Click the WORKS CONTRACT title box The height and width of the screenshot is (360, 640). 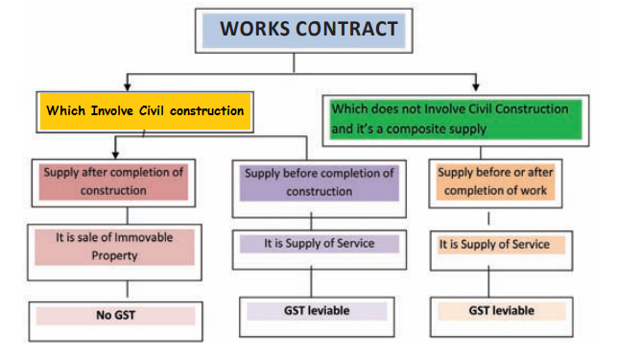tap(307, 30)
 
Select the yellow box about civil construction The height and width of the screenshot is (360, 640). tap(144, 110)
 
